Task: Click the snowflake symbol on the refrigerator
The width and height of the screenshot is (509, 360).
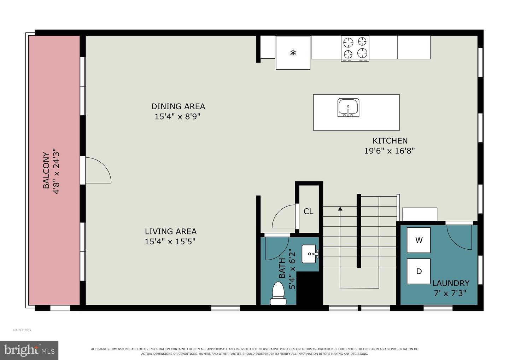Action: (293, 53)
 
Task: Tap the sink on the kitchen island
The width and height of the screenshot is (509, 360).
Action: (348, 108)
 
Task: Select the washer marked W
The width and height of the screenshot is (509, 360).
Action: (419, 240)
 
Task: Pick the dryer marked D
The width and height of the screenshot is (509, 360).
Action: (419, 271)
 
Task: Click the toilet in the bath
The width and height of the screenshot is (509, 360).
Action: (278, 294)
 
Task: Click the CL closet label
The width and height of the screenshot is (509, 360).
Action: (308, 211)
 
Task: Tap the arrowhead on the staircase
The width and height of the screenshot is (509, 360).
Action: (340, 208)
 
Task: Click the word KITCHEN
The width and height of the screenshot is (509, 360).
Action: (390, 141)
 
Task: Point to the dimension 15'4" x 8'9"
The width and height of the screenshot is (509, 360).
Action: (177, 117)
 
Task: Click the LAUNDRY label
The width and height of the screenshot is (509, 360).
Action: (451, 283)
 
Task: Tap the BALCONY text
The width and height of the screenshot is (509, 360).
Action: (46, 170)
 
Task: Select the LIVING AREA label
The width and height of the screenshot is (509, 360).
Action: (171, 231)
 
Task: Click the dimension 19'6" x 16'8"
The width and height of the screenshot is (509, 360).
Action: (390, 151)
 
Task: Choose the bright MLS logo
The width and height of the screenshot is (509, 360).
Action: (29, 350)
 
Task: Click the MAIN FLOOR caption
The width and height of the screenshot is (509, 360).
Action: (22, 330)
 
